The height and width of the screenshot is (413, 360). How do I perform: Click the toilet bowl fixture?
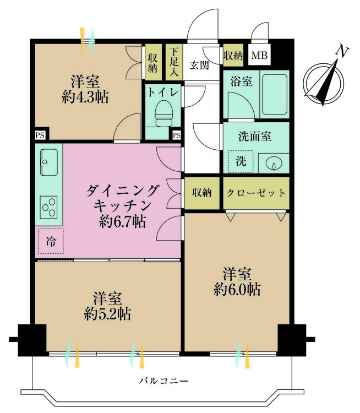(163, 113)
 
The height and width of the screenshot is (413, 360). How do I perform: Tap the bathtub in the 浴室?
(275, 94)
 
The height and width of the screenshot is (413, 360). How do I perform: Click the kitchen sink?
(49, 162)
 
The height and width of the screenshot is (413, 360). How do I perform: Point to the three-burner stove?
(49, 208)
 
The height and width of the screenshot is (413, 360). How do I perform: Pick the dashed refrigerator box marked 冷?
(51, 241)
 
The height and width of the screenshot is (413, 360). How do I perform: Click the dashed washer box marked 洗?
(241, 161)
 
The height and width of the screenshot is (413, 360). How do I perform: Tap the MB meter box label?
(259, 56)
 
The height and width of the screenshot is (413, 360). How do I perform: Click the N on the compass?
(342, 52)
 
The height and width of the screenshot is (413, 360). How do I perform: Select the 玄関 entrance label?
(199, 64)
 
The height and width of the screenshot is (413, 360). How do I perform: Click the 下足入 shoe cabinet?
(174, 62)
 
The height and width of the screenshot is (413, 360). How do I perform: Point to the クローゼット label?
(256, 193)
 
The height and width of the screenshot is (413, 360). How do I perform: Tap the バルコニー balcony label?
(164, 381)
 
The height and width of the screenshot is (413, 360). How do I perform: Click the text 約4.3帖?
(85, 97)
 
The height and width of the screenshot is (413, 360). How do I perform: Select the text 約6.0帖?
(237, 290)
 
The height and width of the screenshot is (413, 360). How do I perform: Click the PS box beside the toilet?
(177, 135)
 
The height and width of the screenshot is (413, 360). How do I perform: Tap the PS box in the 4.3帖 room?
(40, 135)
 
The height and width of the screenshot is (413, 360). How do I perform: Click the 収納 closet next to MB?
(233, 56)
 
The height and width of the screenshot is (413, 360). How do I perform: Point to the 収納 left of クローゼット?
(201, 193)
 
